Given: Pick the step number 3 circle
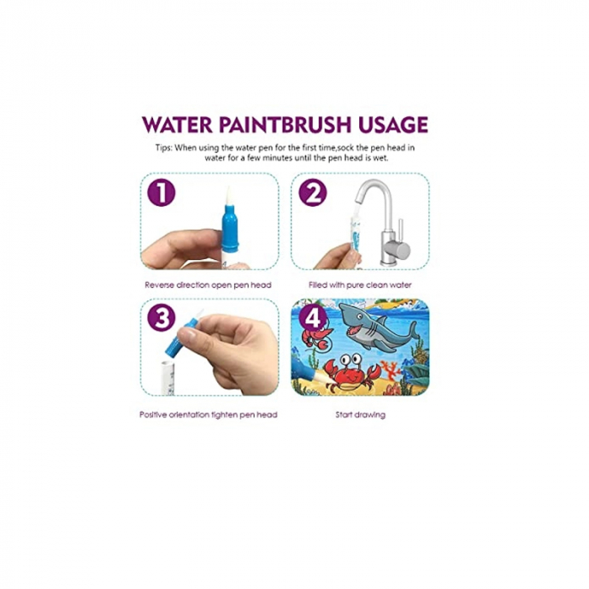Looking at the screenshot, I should (x=161, y=319).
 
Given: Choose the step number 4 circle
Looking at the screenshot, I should (x=312, y=319).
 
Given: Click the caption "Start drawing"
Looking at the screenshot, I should (x=359, y=415).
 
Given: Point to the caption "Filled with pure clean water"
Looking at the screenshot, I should (x=359, y=284).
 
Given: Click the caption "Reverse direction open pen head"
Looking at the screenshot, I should (x=209, y=284).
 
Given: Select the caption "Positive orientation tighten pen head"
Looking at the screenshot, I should (x=208, y=415).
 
